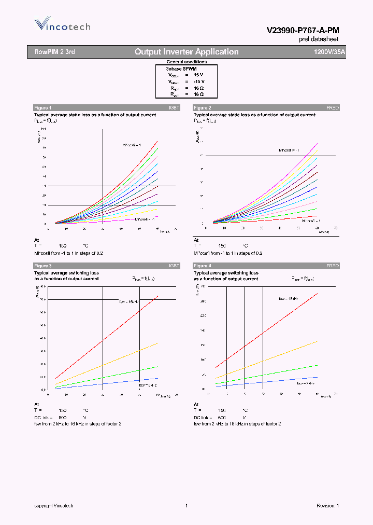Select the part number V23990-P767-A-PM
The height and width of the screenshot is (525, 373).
[x=303, y=31]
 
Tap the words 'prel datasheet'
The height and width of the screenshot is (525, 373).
[x=319, y=39]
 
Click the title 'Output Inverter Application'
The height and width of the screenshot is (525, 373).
[x=187, y=52]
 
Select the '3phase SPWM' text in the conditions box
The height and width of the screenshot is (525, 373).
[x=181, y=68]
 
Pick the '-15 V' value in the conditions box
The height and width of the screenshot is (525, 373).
[x=199, y=81]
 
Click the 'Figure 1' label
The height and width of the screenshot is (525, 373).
[x=42, y=107]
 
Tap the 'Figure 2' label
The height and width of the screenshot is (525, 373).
[x=202, y=107]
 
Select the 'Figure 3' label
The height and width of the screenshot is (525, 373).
[x=42, y=266]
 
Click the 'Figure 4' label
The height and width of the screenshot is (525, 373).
[x=202, y=266]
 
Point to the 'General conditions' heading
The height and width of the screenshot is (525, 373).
[x=187, y=62]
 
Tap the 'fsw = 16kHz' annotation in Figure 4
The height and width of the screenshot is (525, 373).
[x=289, y=299]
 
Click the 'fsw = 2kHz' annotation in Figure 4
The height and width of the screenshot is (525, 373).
[x=307, y=383]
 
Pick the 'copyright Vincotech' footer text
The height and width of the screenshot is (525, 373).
[x=54, y=505]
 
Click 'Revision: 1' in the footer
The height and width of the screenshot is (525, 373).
[x=327, y=505]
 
